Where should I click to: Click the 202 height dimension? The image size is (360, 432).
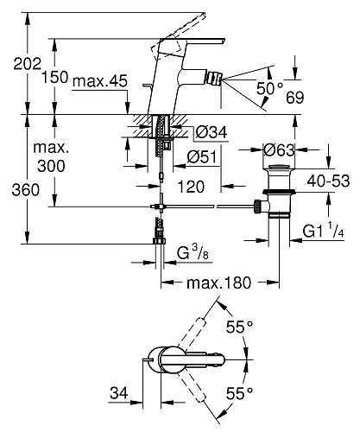[28, 64]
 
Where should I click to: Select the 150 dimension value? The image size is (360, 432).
[55, 77]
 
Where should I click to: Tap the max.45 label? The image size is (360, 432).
[100, 81]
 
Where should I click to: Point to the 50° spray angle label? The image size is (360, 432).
[269, 88]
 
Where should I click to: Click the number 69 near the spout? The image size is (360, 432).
[294, 98]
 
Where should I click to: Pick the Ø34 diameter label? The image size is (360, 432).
[212, 132]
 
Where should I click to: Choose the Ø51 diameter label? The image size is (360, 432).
[202, 157]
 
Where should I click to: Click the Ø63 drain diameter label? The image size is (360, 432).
[279, 149]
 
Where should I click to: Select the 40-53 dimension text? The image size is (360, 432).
[328, 181]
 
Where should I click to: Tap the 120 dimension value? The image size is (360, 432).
[191, 187]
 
